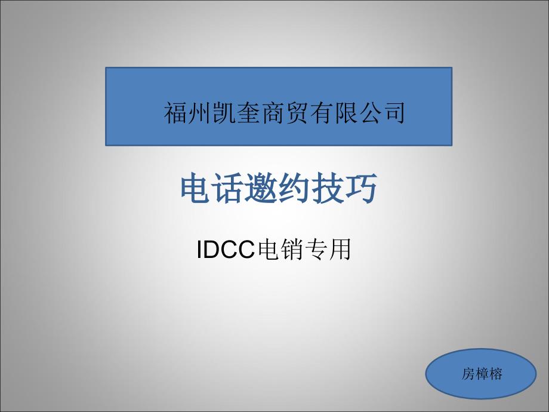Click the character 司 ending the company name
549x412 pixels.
pyautogui.click(x=393, y=113)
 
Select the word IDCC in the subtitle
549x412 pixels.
pyautogui.click(x=225, y=250)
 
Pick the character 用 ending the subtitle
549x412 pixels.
pyautogui.click(x=340, y=250)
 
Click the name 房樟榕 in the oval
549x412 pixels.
pyautogui.click(x=482, y=374)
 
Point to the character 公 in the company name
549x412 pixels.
pyautogui.click(x=369, y=113)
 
